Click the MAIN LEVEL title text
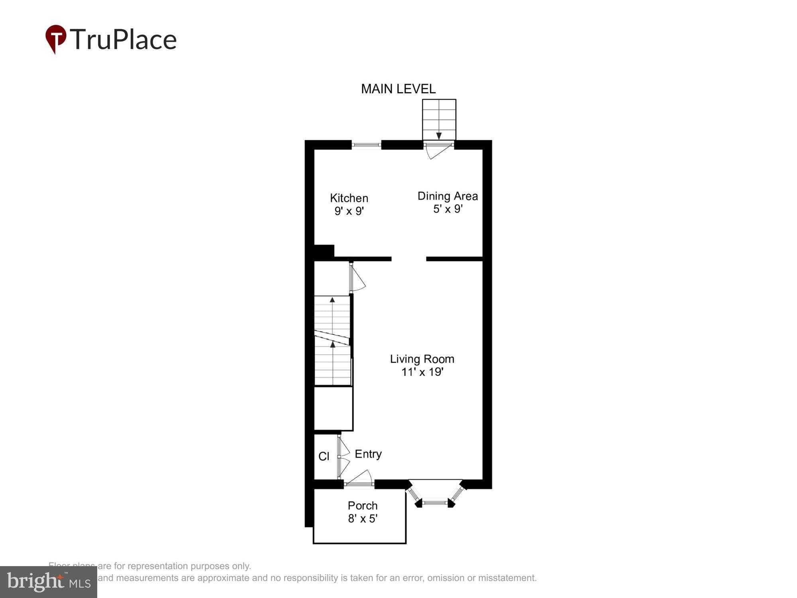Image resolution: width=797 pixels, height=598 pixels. click(x=398, y=89)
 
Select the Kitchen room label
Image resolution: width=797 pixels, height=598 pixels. click(x=349, y=198)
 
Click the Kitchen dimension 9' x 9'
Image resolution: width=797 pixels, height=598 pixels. click(x=349, y=211)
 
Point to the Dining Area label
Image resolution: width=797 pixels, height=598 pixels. click(x=447, y=196)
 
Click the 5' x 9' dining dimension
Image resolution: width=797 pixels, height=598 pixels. click(x=448, y=209)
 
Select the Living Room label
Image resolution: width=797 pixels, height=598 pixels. click(x=422, y=359)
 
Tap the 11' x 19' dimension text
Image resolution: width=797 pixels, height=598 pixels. click(x=422, y=372)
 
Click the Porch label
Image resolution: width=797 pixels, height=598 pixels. click(x=362, y=506)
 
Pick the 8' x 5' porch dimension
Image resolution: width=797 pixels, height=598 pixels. click(x=362, y=518)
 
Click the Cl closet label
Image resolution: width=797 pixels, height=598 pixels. click(x=324, y=456)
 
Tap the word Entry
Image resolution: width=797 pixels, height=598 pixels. click(x=368, y=454)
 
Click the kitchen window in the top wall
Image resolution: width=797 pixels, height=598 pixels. click(x=366, y=145)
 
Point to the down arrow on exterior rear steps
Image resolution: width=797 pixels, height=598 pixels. click(x=439, y=136)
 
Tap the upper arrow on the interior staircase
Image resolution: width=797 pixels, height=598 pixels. click(x=332, y=300)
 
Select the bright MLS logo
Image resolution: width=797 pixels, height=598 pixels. click(x=49, y=582)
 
